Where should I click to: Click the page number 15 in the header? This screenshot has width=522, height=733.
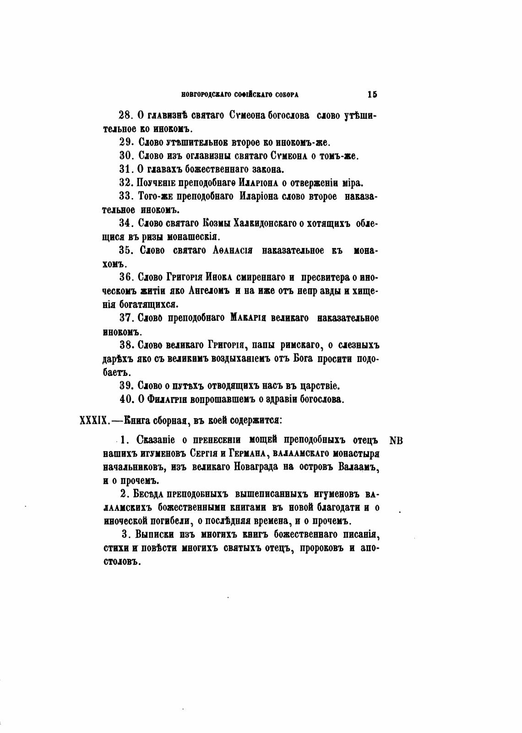372,94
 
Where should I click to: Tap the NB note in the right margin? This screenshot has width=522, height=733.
396,441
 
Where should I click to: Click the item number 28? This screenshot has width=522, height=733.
125,116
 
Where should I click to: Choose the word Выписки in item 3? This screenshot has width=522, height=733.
153,535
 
